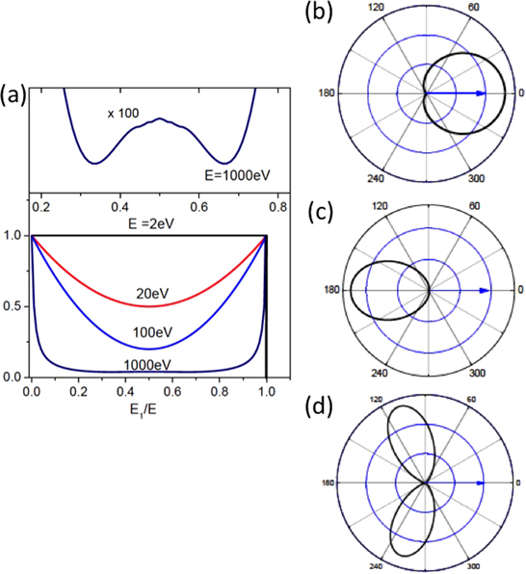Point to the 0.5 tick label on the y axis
point(14,306)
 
